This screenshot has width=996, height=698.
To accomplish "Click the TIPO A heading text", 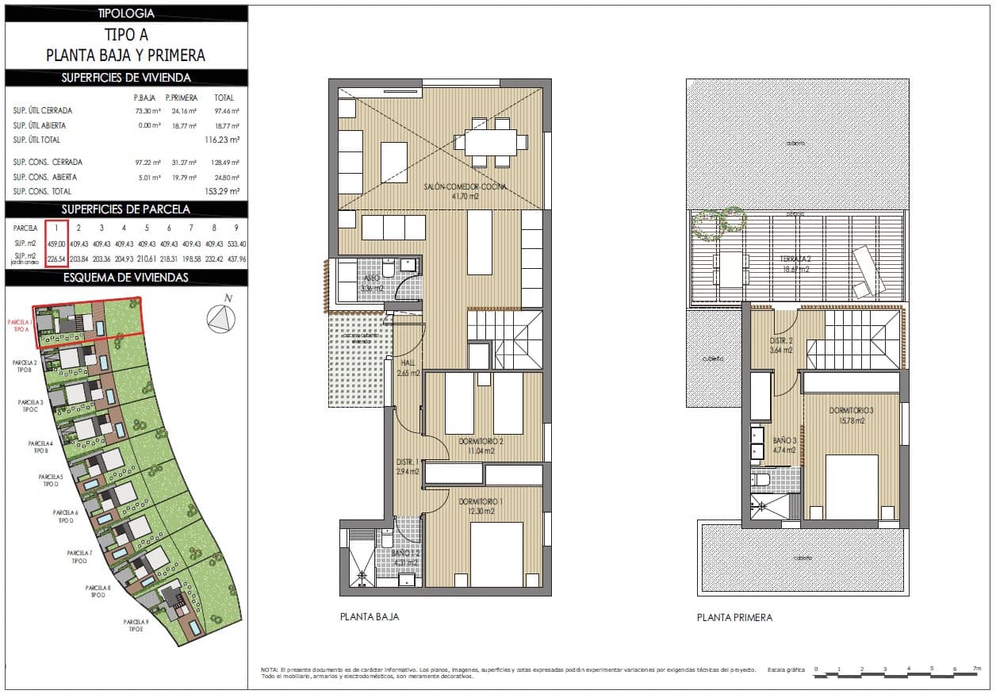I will click(x=126, y=35).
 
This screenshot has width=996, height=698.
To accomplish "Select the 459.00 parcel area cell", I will click(x=56, y=244).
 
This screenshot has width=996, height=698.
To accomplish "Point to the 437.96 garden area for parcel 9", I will click(x=236, y=259).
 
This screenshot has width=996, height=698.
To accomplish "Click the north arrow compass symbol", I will click(x=221, y=319).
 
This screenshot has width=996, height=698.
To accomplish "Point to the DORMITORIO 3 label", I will click(x=851, y=411).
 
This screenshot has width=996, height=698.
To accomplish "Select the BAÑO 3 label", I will click(x=784, y=440).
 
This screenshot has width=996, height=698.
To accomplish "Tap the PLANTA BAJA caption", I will click(x=369, y=617).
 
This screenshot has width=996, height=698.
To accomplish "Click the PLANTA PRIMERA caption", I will click(x=734, y=617).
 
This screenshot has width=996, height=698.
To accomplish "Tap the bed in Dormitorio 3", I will click(x=852, y=486).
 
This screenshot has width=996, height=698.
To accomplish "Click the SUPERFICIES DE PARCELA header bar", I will click(x=126, y=209).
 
